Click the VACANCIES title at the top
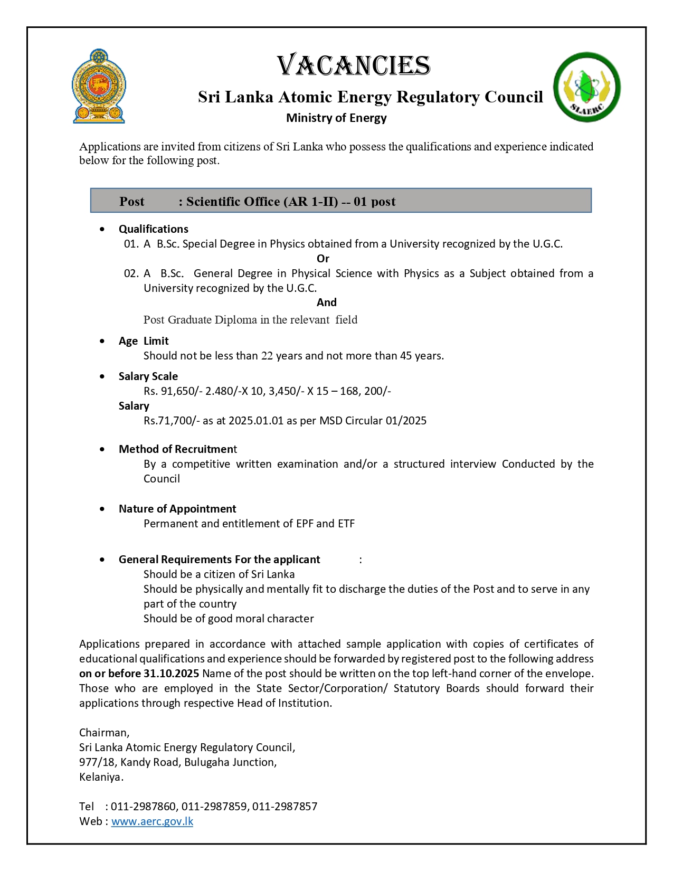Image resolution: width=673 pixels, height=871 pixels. tap(354, 65)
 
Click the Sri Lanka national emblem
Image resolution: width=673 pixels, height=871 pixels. tap(99, 87)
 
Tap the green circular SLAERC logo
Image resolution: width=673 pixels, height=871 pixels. tap(586, 87)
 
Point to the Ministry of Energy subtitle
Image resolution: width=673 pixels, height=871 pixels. tap(336, 118)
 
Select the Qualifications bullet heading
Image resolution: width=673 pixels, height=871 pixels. tap(153, 229)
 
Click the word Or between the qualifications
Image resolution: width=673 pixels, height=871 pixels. tap(323, 259)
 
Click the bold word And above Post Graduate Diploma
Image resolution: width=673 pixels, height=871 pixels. tap(326, 302)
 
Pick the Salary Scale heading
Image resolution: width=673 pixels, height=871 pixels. tap(148, 376)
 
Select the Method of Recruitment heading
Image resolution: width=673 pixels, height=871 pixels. tap(177, 449)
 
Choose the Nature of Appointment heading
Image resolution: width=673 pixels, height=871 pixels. tap(177, 509)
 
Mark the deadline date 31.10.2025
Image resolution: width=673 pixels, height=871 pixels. tap(171, 674)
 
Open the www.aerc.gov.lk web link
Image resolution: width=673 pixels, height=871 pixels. tap(152, 821)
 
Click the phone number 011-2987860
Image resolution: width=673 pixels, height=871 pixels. tap(143, 807)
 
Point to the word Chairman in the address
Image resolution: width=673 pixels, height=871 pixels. tap(103, 733)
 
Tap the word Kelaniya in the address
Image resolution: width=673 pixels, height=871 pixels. tap(101, 777)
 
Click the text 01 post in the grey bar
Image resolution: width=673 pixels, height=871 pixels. tap(375, 202)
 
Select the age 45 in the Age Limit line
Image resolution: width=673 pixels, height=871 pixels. tap(405, 356)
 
